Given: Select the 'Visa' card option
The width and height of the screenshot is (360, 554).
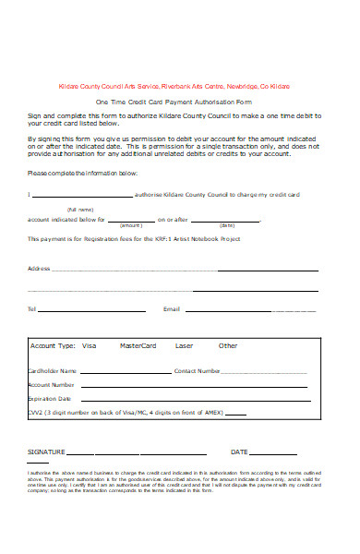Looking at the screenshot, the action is (89, 345).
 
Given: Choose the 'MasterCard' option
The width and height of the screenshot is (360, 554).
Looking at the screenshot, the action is (138, 345).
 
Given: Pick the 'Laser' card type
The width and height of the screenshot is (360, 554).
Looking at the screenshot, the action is (185, 345).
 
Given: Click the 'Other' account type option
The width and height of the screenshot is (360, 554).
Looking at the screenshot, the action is (228, 345).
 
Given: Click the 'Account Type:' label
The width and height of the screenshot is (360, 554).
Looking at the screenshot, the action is (53, 345).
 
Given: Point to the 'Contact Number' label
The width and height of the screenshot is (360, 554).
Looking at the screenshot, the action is (198, 370).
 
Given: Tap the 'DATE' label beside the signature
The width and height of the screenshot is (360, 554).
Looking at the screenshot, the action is (239, 452).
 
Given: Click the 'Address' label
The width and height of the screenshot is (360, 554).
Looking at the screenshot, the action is (39, 269).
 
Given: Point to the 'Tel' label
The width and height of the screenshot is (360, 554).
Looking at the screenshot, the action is (32, 308).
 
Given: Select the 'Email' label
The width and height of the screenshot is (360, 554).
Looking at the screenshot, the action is (172, 308).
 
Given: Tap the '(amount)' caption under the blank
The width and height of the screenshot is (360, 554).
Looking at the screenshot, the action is (131, 225).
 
